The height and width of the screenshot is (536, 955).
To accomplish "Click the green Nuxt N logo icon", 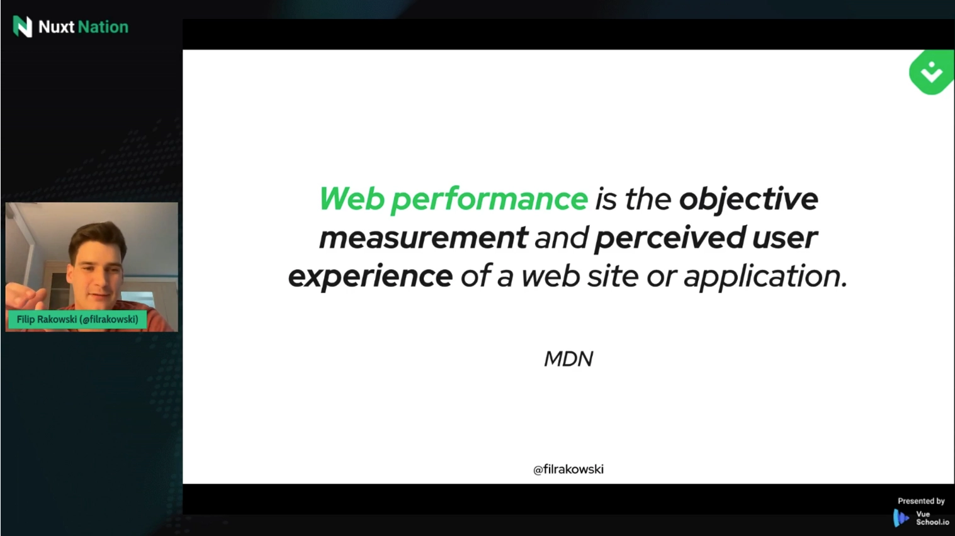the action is (x=23, y=26).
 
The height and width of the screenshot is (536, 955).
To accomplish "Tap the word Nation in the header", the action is (x=103, y=27).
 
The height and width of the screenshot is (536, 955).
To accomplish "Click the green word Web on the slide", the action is (x=352, y=198).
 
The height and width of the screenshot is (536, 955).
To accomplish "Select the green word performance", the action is (x=489, y=199).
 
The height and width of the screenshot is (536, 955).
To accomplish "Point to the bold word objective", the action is (x=749, y=199).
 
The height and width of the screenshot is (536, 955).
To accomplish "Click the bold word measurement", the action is (x=424, y=238).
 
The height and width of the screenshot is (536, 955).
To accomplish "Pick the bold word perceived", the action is (x=670, y=238).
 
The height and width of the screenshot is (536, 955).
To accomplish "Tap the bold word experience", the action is (x=371, y=277).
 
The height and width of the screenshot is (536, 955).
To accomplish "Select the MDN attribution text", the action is (x=568, y=359).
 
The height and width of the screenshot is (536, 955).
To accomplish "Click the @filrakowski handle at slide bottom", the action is (x=568, y=469).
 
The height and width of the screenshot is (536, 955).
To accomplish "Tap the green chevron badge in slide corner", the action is (x=932, y=72).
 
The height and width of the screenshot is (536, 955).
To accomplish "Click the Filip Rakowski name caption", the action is (x=77, y=320).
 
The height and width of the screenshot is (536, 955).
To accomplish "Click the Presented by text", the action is (x=921, y=501).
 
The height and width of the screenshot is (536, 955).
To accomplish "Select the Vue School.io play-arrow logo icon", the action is (x=901, y=518).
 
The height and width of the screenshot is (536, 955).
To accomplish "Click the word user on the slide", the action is (x=784, y=238).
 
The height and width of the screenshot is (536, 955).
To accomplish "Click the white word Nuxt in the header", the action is (x=56, y=27).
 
